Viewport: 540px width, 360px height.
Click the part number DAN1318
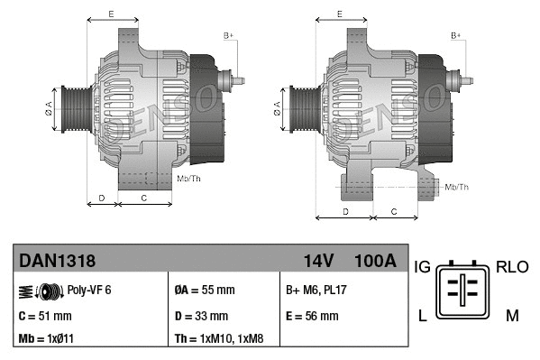pyautogui.click(x=58, y=262)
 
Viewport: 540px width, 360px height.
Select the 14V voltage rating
pyautogui.click(x=318, y=262)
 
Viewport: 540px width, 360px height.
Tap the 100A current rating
pyautogui.click(x=374, y=262)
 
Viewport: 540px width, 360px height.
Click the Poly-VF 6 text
pyautogui.click(x=89, y=291)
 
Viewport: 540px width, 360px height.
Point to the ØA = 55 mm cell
pyautogui.click(x=205, y=291)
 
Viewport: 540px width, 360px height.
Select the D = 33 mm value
pyautogui.click(x=201, y=316)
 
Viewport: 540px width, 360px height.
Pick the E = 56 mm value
pyautogui.click(x=312, y=316)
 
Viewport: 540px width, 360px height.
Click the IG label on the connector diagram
pyautogui.click(x=421, y=267)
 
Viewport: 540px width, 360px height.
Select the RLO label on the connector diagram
pyautogui.click(x=512, y=267)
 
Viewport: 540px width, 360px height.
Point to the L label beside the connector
pyautogui.click(x=421, y=315)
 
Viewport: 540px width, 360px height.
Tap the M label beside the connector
pyautogui.click(x=512, y=315)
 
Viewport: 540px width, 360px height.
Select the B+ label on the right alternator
pyautogui.click(x=456, y=34)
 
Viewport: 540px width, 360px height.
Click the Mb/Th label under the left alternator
pyautogui.click(x=189, y=179)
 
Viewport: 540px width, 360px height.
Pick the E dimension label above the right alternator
pyautogui.click(x=339, y=14)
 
